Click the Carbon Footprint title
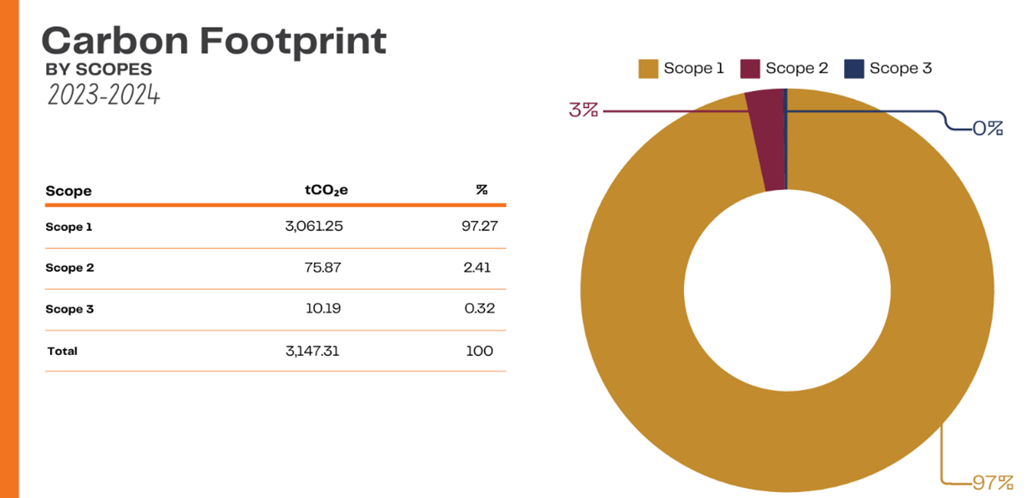click(213, 40)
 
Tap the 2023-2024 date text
click(103, 95)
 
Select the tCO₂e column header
click(327, 190)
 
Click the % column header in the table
click(481, 190)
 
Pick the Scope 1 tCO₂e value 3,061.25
click(314, 227)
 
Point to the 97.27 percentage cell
click(480, 227)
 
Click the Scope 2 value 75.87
click(322, 268)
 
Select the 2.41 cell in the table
click(477, 268)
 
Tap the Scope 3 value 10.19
click(322, 309)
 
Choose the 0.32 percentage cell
click(480, 309)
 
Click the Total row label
click(63, 352)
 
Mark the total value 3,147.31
click(312, 352)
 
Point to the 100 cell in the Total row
click(480, 352)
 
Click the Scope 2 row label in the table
click(69, 268)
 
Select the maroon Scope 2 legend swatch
click(750, 69)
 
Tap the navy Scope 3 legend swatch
click(854, 69)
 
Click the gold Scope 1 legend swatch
click(648, 69)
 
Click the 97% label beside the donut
click(993, 483)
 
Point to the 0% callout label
click(987, 129)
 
